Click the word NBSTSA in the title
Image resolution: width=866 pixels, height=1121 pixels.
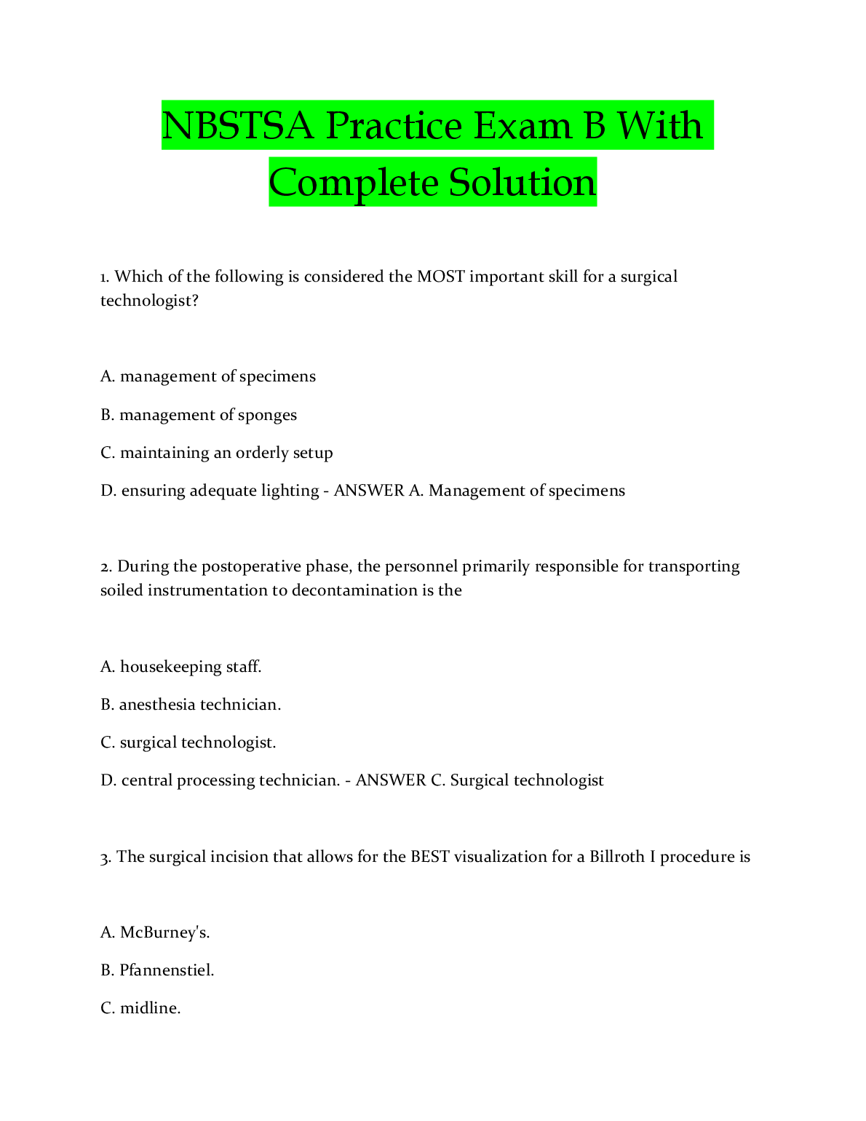coord(238,126)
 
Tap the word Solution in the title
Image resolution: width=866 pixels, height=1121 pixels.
coord(522,183)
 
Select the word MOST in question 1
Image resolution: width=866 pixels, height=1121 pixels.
coord(440,277)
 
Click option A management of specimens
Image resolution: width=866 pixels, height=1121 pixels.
coord(208,376)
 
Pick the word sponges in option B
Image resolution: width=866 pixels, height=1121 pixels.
coord(267,415)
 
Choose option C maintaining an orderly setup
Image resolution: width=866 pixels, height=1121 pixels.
coord(217,453)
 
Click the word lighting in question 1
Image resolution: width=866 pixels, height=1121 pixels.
coord(290,491)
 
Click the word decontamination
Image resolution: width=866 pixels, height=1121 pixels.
coord(354,590)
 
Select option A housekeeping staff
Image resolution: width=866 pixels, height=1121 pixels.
coord(181,667)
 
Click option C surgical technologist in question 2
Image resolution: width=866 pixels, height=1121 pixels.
coord(188,742)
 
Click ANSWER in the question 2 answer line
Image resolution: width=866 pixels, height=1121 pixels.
coord(390,780)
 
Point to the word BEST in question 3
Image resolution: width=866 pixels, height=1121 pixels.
coord(430,857)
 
